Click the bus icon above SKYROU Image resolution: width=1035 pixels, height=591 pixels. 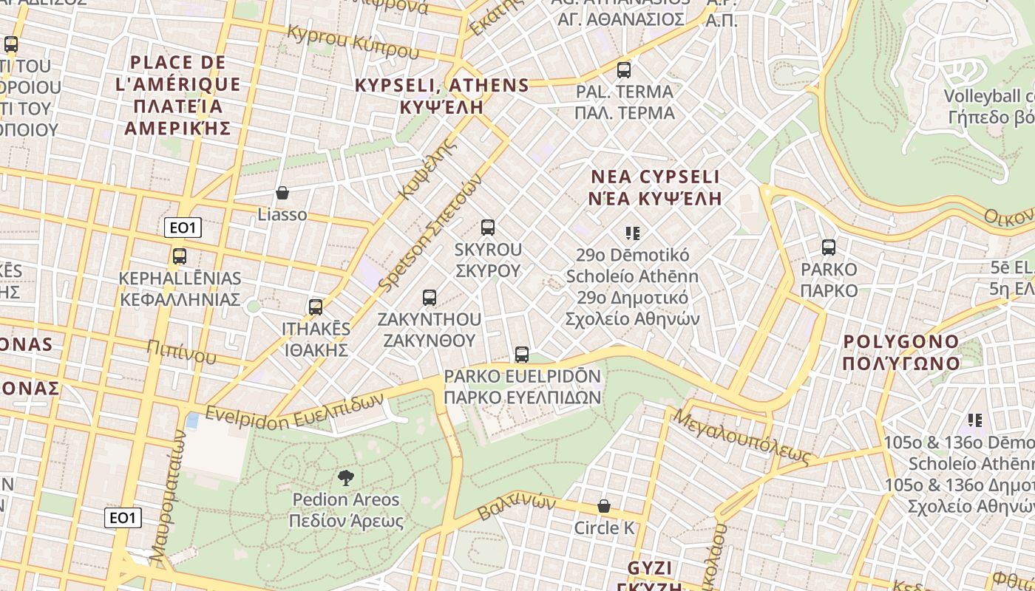[x=487, y=228]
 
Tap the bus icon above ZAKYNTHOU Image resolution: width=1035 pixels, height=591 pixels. [x=429, y=298]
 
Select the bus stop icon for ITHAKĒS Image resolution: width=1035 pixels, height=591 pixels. [x=316, y=307]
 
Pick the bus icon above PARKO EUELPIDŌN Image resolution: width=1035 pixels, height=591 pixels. [x=522, y=355]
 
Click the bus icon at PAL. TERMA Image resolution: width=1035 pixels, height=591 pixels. [x=624, y=70]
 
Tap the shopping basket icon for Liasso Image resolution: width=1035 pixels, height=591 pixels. [x=282, y=194]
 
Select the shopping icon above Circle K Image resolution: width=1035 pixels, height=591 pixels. [x=604, y=507]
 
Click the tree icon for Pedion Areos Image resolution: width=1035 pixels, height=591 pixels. [x=345, y=478]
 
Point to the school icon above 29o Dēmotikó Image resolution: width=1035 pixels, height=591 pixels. [x=632, y=233]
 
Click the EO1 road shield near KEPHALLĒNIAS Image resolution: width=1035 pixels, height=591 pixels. [x=183, y=228]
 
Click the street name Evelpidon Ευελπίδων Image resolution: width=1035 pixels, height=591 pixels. [x=295, y=409]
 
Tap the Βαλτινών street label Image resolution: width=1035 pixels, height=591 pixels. [x=516, y=507]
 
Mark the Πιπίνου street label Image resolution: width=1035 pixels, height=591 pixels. [x=181, y=352]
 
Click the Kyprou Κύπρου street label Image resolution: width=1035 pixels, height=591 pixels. [x=353, y=42]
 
